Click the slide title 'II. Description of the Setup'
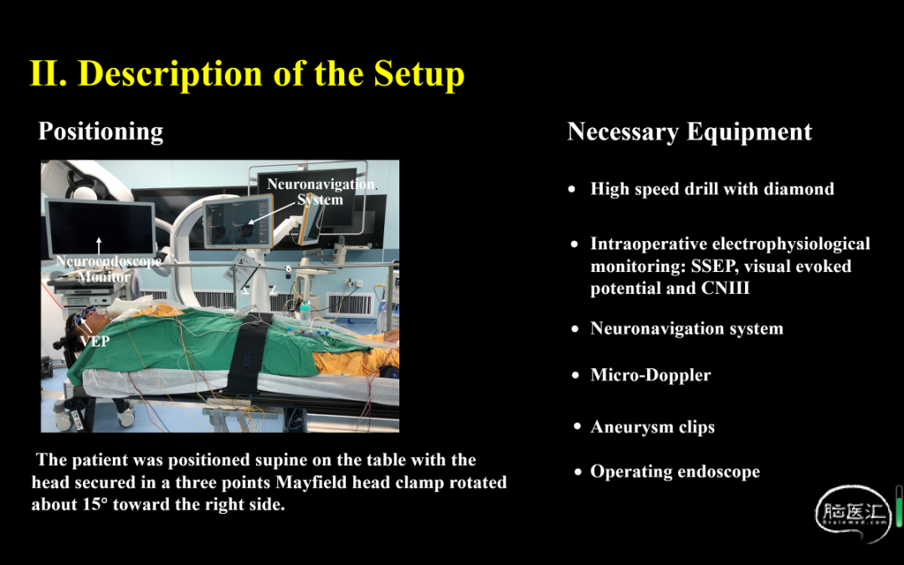coord(247,74)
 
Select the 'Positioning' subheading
coord(101,132)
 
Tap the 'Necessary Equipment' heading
coord(690,132)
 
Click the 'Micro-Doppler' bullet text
coord(650,375)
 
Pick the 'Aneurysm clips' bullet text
coord(653,427)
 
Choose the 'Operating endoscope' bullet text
coord(675,471)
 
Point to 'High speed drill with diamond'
coord(712,189)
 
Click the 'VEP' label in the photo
coord(95,342)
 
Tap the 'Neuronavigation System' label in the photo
coord(321,192)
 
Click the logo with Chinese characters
coord(853,513)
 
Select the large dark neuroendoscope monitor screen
coord(100,227)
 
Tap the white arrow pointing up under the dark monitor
coord(99,245)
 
